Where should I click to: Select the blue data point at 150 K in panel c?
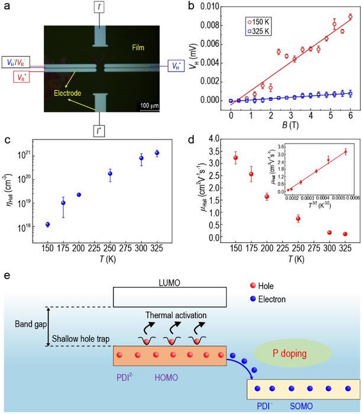click(47, 225)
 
